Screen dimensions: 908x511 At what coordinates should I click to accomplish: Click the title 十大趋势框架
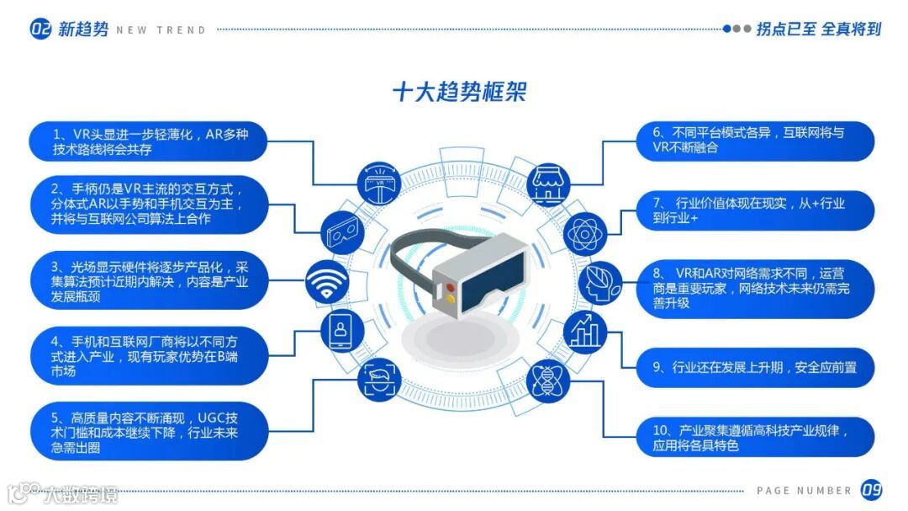pyautogui.click(x=459, y=91)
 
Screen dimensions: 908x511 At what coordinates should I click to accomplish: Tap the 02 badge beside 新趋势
pyautogui.click(x=41, y=29)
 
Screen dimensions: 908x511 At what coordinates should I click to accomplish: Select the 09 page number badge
pyautogui.click(x=871, y=490)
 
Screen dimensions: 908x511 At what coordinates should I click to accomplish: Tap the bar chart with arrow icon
pyautogui.click(x=583, y=330)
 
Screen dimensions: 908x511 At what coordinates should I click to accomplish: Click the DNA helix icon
pyautogui.click(x=548, y=380)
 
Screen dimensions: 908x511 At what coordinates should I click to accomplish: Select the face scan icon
pyautogui.click(x=378, y=380)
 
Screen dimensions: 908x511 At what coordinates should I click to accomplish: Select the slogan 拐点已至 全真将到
pyautogui.click(x=818, y=29)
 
